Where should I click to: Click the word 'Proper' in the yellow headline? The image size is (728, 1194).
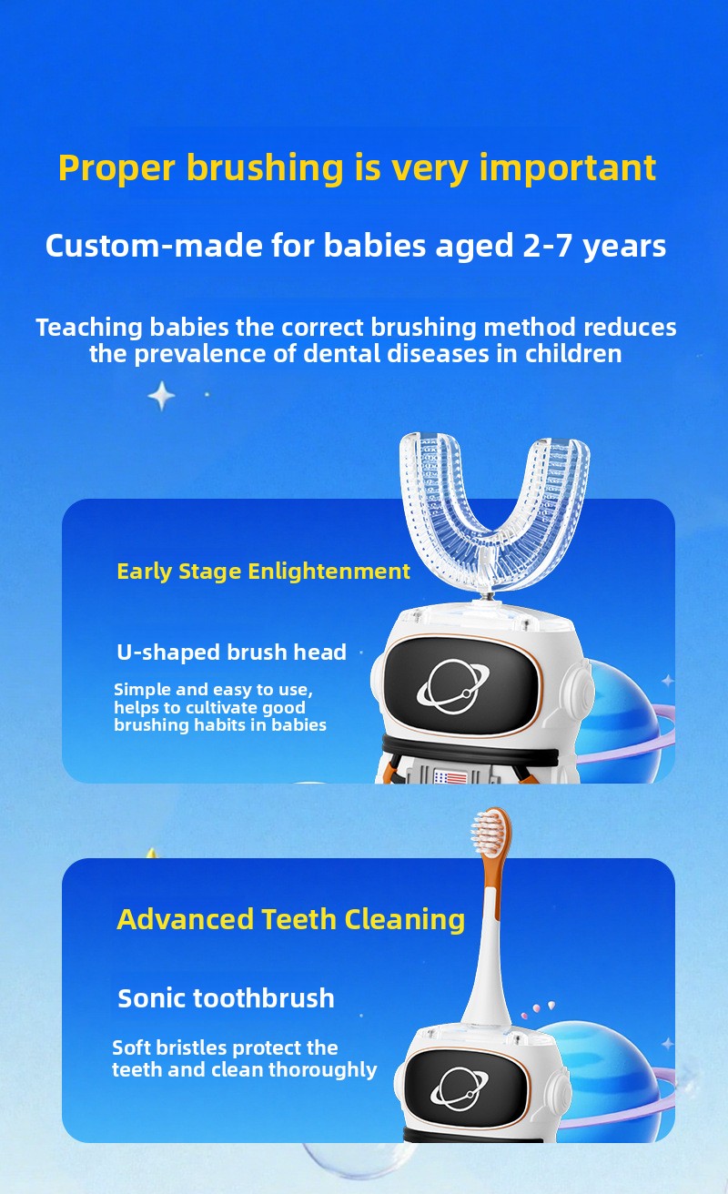(116, 169)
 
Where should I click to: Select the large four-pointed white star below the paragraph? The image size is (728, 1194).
(161, 396)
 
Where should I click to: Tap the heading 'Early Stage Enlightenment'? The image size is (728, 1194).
(263, 572)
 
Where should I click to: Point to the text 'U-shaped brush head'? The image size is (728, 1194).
(231, 652)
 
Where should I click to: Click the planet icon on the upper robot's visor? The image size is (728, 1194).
(452, 686)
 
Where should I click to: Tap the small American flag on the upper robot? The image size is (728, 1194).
(450, 777)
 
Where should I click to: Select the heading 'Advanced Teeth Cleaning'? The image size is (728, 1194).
(290, 919)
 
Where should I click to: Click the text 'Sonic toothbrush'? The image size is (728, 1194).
(226, 997)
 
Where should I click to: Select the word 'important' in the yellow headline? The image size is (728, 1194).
(568, 169)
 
